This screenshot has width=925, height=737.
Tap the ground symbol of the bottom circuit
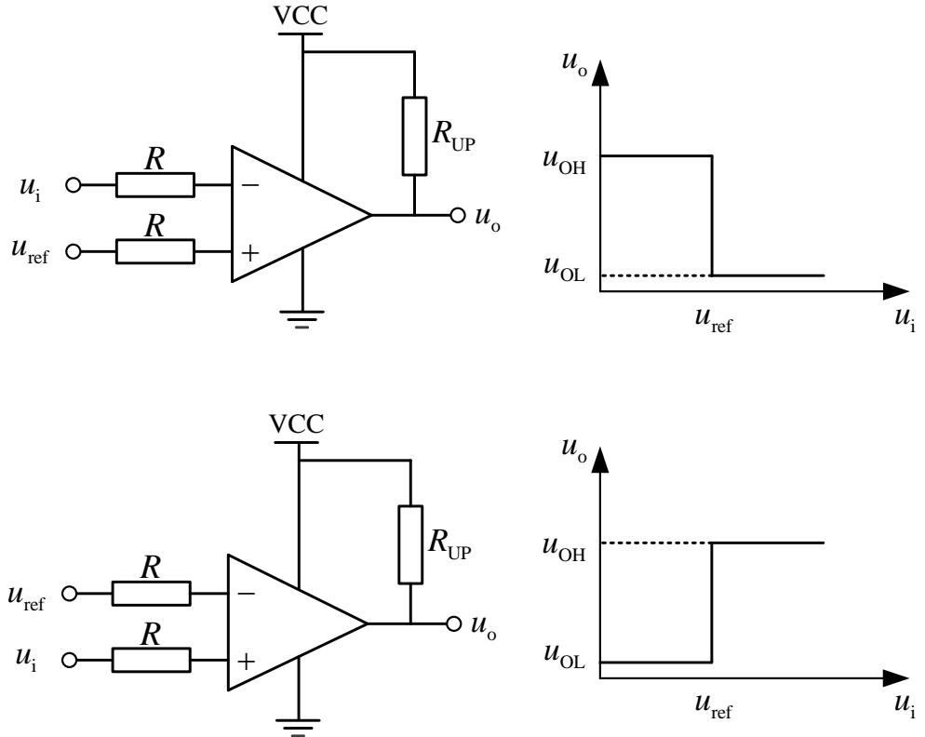coord(299,724)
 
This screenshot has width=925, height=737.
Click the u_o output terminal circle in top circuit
coord(456,215)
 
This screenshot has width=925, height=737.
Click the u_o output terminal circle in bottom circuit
coord(453,623)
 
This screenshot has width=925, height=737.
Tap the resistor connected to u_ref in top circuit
coord(155,251)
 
